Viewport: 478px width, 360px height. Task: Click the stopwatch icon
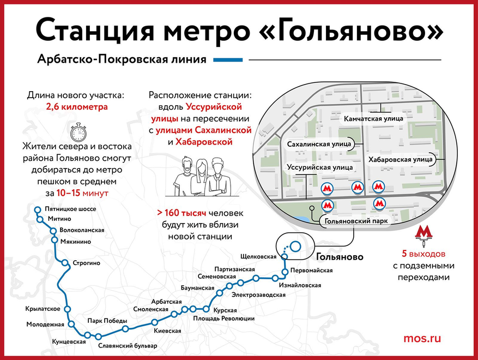point(78,132)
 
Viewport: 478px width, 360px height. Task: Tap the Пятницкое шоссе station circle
point(38,209)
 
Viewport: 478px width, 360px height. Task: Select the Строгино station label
point(86,263)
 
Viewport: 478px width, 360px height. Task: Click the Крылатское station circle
point(68,309)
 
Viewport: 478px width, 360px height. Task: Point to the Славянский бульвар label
point(128,346)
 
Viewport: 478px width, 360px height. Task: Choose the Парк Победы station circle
point(125,328)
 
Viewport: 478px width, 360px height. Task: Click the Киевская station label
point(167,331)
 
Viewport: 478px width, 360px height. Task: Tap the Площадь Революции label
point(224,319)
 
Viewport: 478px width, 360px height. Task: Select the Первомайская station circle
point(285,272)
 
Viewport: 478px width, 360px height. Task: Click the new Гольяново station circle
point(295,246)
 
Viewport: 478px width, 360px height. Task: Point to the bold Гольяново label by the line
point(340,257)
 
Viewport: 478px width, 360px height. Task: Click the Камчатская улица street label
point(373,119)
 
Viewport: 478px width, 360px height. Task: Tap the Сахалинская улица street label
point(319,144)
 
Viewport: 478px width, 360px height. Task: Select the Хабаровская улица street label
point(400,160)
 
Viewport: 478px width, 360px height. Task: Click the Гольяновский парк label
point(356,221)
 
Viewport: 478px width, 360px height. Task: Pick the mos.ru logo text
point(422,338)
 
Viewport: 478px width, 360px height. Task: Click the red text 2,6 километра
point(77,107)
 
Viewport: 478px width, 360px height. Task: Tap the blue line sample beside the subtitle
point(228,60)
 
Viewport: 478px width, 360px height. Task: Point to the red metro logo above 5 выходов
point(423,236)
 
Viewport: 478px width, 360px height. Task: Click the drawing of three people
point(201,176)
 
